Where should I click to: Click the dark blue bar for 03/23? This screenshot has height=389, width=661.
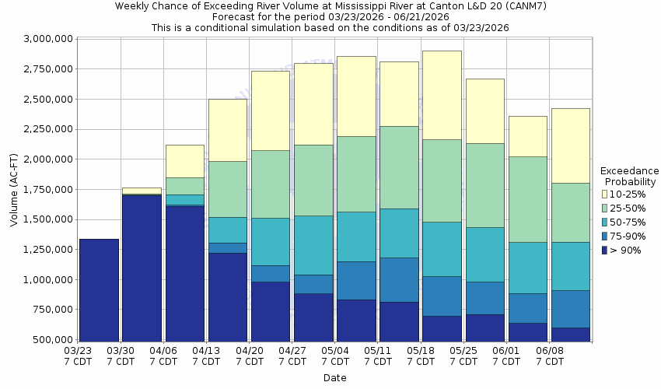pos(99,289)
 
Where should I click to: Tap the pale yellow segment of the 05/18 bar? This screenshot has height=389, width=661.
pos(442,95)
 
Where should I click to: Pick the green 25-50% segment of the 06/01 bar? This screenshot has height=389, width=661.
pos(527,199)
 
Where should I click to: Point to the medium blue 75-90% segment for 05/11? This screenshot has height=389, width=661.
pos(399,279)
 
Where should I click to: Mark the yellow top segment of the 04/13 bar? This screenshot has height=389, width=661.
pos(228,130)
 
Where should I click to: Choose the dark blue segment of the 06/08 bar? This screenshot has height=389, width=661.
pos(570,334)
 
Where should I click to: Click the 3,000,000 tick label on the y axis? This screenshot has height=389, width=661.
pos(49,39)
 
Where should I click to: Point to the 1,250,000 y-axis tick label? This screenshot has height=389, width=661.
pos(49,250)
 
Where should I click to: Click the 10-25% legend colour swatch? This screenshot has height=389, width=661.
pos(604,194)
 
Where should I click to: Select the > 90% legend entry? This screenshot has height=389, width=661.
pos(626,250)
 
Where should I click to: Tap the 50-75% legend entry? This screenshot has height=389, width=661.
pos(628,222)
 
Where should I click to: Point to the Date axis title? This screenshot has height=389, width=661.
pos(335,378)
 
